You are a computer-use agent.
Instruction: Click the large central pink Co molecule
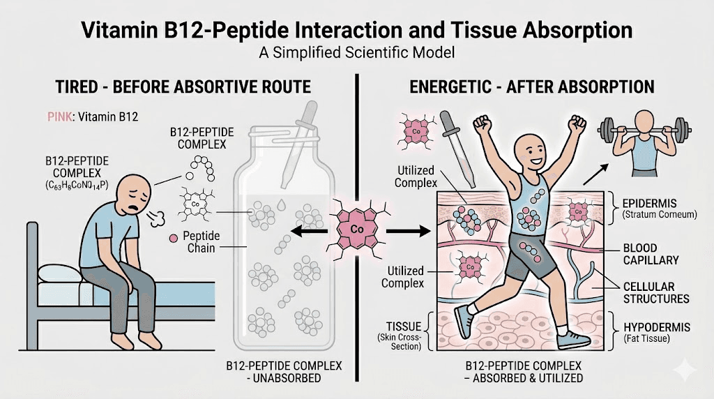356,227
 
